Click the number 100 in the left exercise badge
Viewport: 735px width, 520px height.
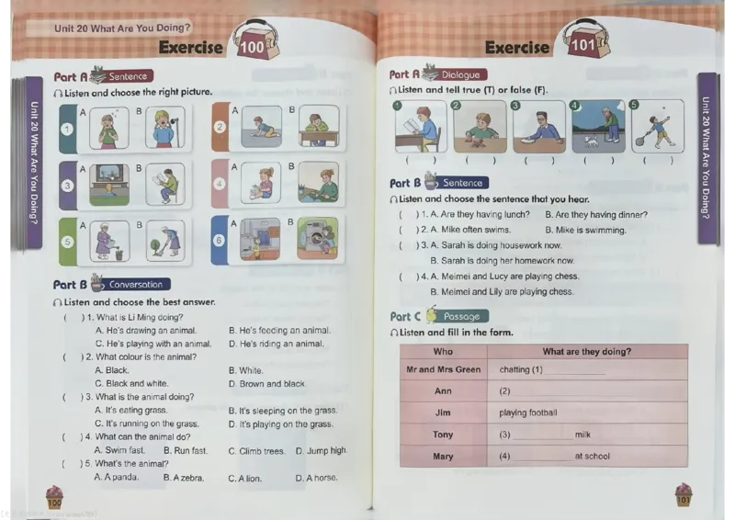pyautogui.click(x=252, y=47)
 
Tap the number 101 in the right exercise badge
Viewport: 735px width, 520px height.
pyautogui.click(x=582, y=45)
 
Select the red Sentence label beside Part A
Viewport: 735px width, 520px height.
pyautogui.click(x=128, y=76)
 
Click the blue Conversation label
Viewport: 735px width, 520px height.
pyautogui.click(x=136, y=284)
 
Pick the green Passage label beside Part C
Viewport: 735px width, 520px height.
pyautogui.click(x=462, y=316)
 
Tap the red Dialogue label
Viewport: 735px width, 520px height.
pyautogui.click(x=461, y=74)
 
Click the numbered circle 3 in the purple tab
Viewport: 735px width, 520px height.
pyautogui.click(x=67, y=186)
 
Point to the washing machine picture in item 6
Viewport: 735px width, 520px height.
pyautogui.click(x=317, y=238)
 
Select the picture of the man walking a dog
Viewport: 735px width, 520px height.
pyautogui.click(x=599, y=127)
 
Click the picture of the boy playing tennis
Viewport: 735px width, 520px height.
pyautogui.click(x=658, y=126)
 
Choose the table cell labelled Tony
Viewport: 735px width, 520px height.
pyautogui.click(x=443, y=435)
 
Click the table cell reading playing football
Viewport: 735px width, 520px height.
pyautogui.click(x=587, y=413)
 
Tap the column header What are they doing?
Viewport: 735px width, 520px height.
pyautogui.click(x=587, y=352)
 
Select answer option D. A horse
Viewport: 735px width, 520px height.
pyautogui.click(x=316, y=479)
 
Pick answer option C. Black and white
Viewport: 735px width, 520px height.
pyautogui.click(x=131, y=383)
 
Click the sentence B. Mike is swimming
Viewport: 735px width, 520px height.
pyautogui.click(x=585, y=231)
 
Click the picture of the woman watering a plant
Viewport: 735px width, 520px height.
pyautogui.click(x=109, y=241)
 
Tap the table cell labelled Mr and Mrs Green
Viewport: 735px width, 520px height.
pyautogui.click(x=444, y=369)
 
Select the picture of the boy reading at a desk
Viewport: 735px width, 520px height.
pyautogui.click(x=421, y=127)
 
